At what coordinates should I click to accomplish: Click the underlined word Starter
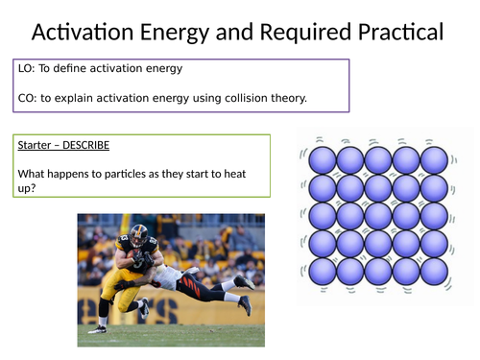pos(37,145)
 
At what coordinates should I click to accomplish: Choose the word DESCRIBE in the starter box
pos(85,145)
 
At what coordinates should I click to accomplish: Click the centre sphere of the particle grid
pos(378,214)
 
